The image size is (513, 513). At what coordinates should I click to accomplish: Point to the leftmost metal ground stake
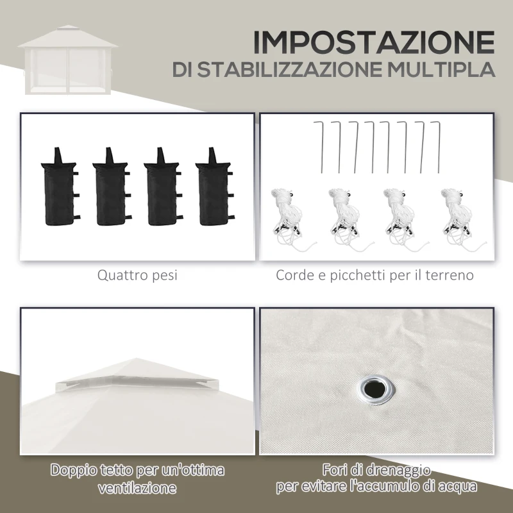click(x=320, y=144)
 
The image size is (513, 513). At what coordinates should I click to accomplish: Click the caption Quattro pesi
click(x=137, y=276)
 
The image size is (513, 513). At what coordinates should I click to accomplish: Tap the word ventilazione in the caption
click(x=137, y=488)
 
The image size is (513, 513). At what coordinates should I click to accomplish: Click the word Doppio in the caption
click(x=76, y=471)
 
